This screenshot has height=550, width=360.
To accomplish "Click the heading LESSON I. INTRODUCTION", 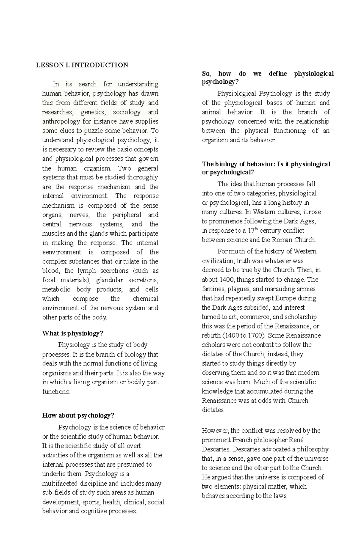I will coord(82,65).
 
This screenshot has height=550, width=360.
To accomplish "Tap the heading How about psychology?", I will coord(78,415).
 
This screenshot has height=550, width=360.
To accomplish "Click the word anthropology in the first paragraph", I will coord(61,122).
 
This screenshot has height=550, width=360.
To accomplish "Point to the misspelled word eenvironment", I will coord(61,252).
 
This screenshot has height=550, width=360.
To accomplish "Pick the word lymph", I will coord(87,271).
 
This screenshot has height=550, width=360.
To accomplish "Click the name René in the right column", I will coord(296,440).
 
